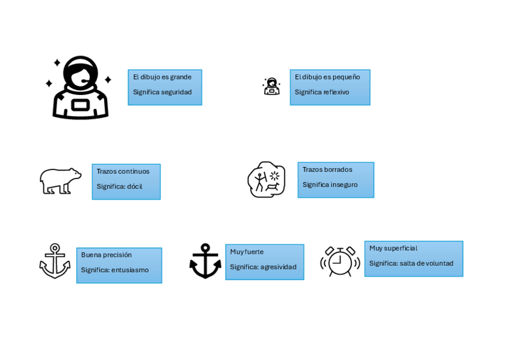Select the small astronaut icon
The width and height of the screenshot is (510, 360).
(x=271, y=87)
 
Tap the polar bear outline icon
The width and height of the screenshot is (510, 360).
(x=60, y=181)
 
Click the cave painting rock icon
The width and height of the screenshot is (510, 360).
(x=266, y=179)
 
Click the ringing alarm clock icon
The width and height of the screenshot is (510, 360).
(x=340, y=260)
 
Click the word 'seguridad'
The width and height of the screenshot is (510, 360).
(x=176, y=93)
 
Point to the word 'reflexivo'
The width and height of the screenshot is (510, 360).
(x=336, y=93)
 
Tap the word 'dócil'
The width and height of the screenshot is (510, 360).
(x=135, y=187)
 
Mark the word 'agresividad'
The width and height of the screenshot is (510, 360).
(x=278, y=267)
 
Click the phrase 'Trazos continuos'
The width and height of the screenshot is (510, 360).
(x=123, y=172)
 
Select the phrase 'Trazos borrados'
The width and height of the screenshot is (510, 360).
(x=327, y=170)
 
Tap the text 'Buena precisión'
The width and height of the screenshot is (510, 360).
(x=106, y=255)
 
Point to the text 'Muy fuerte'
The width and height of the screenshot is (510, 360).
(x=247, y=252)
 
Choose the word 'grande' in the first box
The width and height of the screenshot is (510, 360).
(x=180, y=78)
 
